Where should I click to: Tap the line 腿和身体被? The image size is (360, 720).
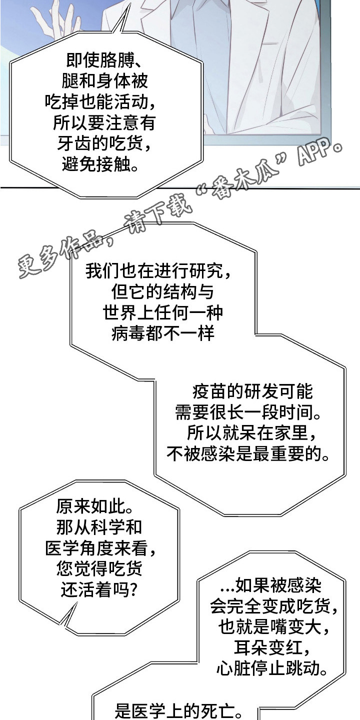(x=104, y=80)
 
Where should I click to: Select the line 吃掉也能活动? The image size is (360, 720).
(x=100, y=102)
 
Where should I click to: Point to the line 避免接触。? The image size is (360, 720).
(x=100, y=164)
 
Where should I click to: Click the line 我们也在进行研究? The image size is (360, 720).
(x=158, y=271)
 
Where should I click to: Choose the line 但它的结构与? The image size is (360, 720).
(x=162, y=292)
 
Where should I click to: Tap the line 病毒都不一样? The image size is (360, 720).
(x=162, y=333)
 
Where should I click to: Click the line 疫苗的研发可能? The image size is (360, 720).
(x=252, y=391)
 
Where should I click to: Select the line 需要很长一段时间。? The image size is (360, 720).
(x=248, y=412)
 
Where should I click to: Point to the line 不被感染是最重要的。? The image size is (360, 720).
(x=248, y=454)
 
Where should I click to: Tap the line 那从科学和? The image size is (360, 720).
(x=99, y=527)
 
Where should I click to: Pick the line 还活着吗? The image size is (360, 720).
(x=99, y=590)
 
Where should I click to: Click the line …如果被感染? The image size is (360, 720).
(x=270, y=585)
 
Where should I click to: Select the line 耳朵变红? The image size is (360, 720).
(x=272, y=648)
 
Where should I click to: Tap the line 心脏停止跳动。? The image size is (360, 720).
(x=272, y=669)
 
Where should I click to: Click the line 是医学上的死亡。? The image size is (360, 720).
(x=178, y=710)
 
